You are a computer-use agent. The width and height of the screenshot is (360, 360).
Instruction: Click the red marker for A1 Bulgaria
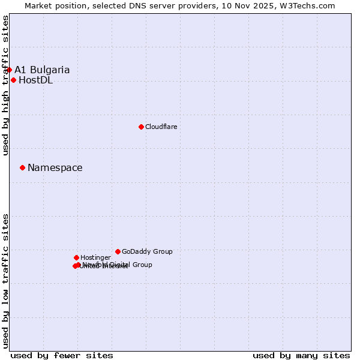(9, 70)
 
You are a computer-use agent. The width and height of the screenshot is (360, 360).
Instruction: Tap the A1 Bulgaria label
(42, 70)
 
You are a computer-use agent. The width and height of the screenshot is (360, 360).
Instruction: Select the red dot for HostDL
(13, 80)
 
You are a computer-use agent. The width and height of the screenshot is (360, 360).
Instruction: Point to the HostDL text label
(35, 80)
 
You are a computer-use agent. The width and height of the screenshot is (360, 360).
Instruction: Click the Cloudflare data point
(141, 127)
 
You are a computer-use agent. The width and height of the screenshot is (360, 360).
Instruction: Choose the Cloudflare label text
(161, 127)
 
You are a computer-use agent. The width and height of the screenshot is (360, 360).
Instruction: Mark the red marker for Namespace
(22, 167)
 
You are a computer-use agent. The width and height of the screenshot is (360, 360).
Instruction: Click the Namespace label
(55, 168)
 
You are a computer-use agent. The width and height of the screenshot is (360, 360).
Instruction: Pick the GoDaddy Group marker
(118, 251)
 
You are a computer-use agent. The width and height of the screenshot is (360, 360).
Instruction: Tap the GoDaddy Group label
(147, 251)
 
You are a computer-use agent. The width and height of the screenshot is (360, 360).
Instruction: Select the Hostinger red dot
(76, 257)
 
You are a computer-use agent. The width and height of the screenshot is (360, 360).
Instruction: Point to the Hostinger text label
(95, 258)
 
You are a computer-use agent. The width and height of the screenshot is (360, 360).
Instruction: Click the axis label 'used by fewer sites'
(62, 355)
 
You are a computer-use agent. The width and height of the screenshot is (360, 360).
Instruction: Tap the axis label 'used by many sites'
(301, 355)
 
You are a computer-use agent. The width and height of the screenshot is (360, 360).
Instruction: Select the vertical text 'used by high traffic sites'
(5, 85)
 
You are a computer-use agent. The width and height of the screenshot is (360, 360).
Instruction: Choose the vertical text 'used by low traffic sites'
(5, 281)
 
